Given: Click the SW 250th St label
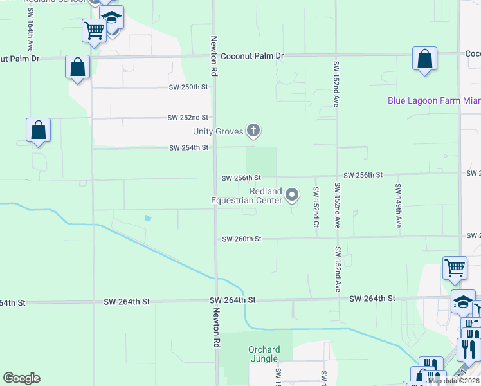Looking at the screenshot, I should pyautogui.click(x=188, y=87).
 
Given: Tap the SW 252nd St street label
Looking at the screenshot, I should pyautogui.click(x=188, y=118).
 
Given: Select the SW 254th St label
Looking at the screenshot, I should pyautogui.click(x=188, y=148).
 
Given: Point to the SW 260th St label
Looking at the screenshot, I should pyautogui.click(x=242, y=239).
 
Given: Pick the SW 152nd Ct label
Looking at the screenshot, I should pyautogui.click(x=316, y=207).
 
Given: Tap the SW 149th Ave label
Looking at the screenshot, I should pyautogui.click(x=399, y=206).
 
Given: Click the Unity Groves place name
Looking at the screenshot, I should pyautogui.click(x=219, y=132).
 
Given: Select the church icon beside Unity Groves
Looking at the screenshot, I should pyautogui.click(x=253, y=131).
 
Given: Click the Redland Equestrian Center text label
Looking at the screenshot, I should pyautogui.click(x=247, y=196).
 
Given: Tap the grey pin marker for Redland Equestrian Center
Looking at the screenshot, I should pyautogui.click(x=292, y=194).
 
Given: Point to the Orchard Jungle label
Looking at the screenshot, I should pyautogui.click(x=263, y=354).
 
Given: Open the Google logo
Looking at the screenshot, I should pyautogui.click(x=21, y=378).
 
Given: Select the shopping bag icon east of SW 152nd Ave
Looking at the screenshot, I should pyautogui.click(x=424, y=59).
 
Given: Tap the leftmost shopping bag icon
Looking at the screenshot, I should pyautogui.click(x=38, y=130).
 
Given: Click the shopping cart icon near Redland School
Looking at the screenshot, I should pyautogui.click(x=94, y=30).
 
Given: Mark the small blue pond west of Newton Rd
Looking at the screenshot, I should pyautogui.click(x=148, y=218).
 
